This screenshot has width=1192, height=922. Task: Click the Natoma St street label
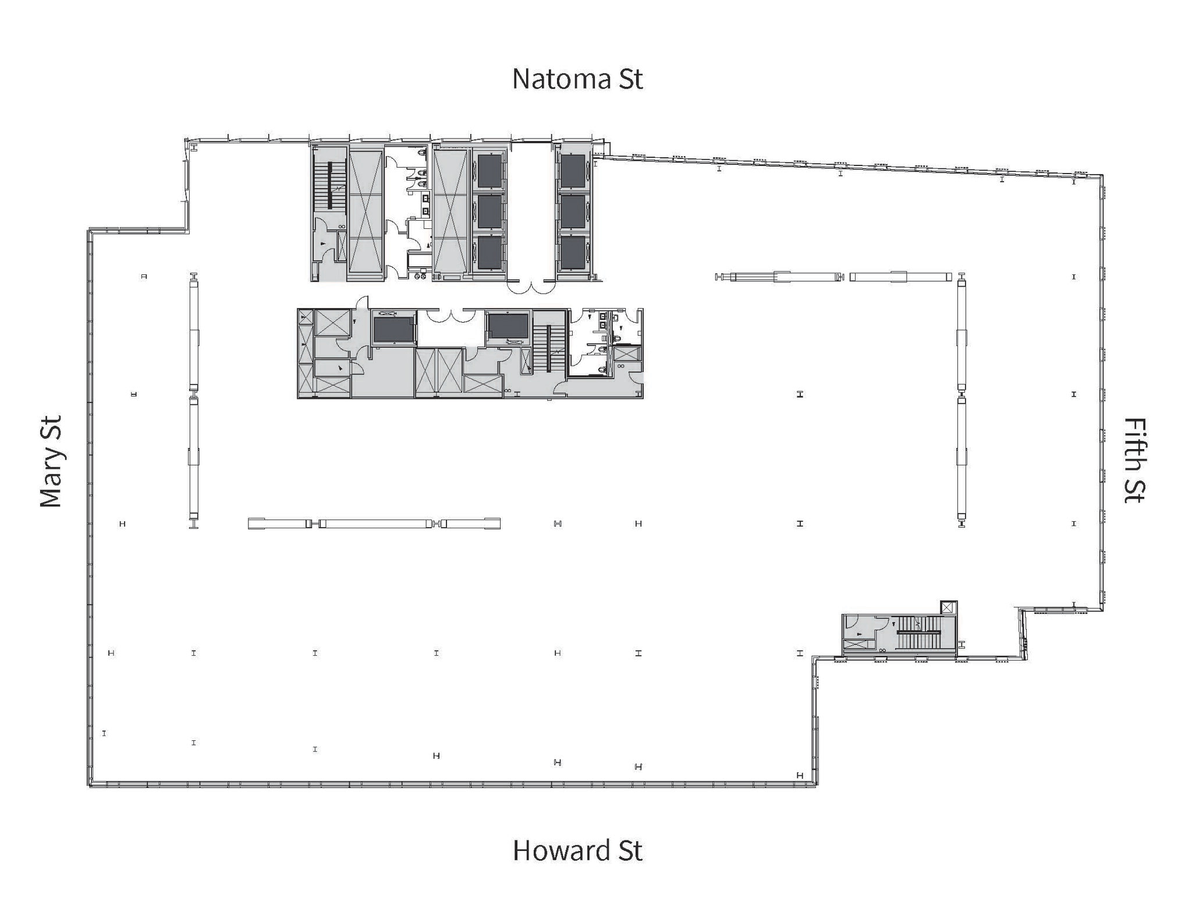tap(577, 79)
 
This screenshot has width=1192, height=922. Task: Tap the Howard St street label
tap(577, 851)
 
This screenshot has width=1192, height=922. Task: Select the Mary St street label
tap(51, 461)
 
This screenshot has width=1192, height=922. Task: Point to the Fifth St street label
tap(1134, 460)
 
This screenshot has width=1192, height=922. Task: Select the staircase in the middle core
tap(549, 348)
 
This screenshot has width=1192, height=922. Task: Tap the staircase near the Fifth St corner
tap(918, 633)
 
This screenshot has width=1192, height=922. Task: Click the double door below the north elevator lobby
tap(530, 287)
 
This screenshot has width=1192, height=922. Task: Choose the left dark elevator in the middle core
tap(393, 329)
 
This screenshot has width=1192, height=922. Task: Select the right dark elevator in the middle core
tap(508, 326)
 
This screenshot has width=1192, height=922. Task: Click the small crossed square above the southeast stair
tap(948, 608)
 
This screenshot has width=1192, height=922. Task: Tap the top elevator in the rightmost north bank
tap(573, 171)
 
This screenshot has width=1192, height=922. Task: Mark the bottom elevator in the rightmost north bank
tap(573, 253)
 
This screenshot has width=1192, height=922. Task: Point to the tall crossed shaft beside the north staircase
tap(366, 213)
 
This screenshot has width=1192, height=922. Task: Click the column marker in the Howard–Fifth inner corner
tap(800, 776)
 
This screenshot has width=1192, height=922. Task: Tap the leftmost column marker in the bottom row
tap(104, 733)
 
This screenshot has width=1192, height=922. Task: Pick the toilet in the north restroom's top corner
tap(422, 153)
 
